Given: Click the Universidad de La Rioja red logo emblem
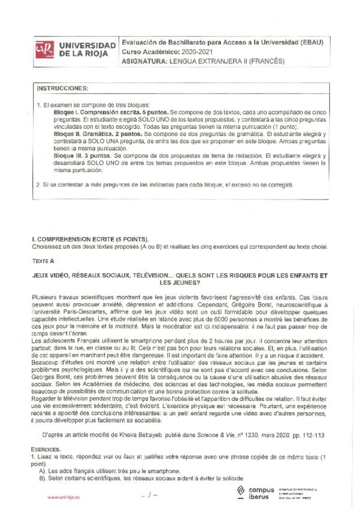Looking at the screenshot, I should [x=44, y=50].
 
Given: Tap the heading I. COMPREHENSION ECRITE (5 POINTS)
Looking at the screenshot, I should [x=89, y=239].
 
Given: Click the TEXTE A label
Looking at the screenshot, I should [x=43, y=261].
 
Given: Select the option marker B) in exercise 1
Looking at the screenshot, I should [x=42, y=479].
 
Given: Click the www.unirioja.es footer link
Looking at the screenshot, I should [x=62, y=497].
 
